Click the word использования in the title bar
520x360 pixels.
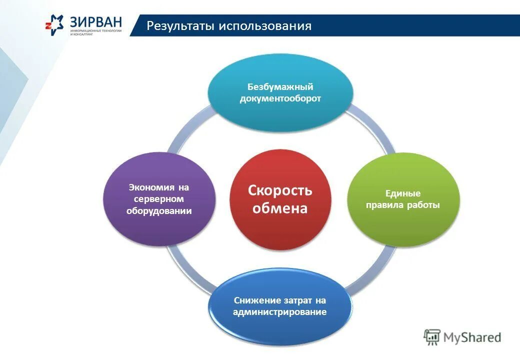pyautogui.click(x=264, y=26)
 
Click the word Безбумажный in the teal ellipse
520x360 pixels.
pyautogui.click(x=280, y=87)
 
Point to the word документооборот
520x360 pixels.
pyautogui.click(x=280, y=98)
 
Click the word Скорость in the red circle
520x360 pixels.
pyautogui.click(x=280, y=190)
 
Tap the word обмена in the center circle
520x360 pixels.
pyautogui.click(x=280, y=208)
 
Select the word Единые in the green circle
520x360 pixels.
pyautogui.click(x=402, y=193)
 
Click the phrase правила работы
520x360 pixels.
pyautogui.click(x=402, y=205)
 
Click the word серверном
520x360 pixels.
pyautogui.click(x=159, y=199)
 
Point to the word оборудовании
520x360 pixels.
pyautogui.click(x=159, y=210)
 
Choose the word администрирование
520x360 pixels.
pyautogui.click(x=279, y=312)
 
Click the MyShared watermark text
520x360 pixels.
pyautogui.click(x=472, y=337)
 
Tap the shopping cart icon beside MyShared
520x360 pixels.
pyautogui.click(x=432, y=337)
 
